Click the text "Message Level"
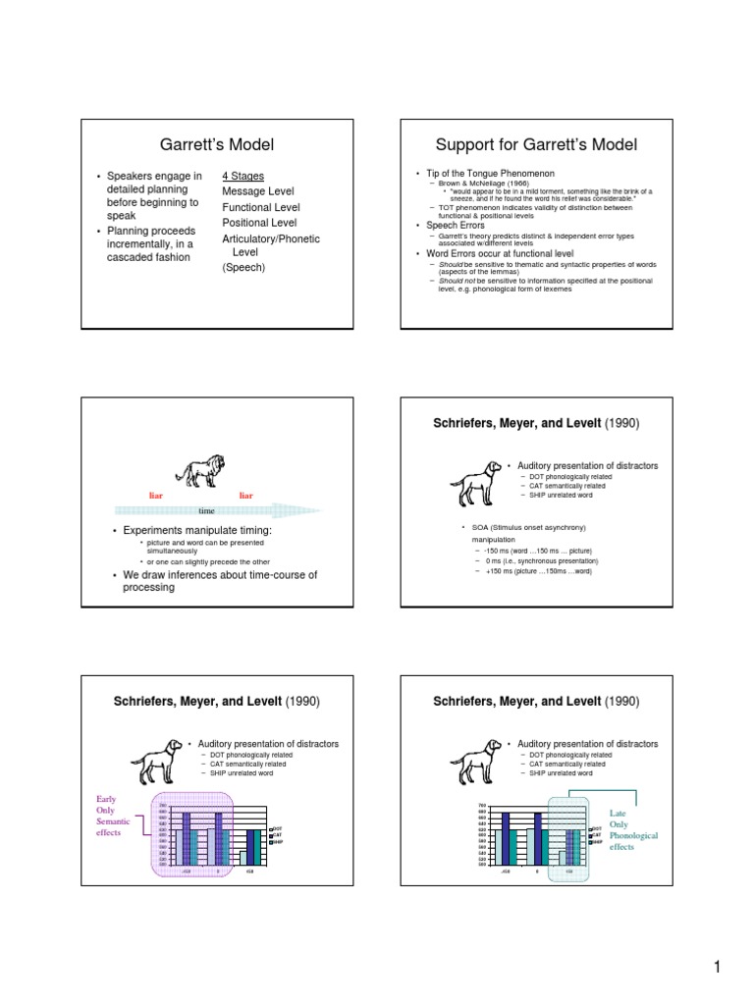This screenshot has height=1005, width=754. [x=258, y=191]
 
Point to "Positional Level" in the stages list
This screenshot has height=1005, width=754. [x=260, y=223]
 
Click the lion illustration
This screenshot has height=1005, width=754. [x=200, y=471]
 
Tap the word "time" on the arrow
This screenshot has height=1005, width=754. [x=207, y=511]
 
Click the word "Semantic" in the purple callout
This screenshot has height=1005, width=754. [x=108, y=821]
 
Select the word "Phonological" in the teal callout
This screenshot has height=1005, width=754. [x=633, y=835]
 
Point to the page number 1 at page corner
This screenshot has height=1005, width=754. [x=719, y=970]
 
